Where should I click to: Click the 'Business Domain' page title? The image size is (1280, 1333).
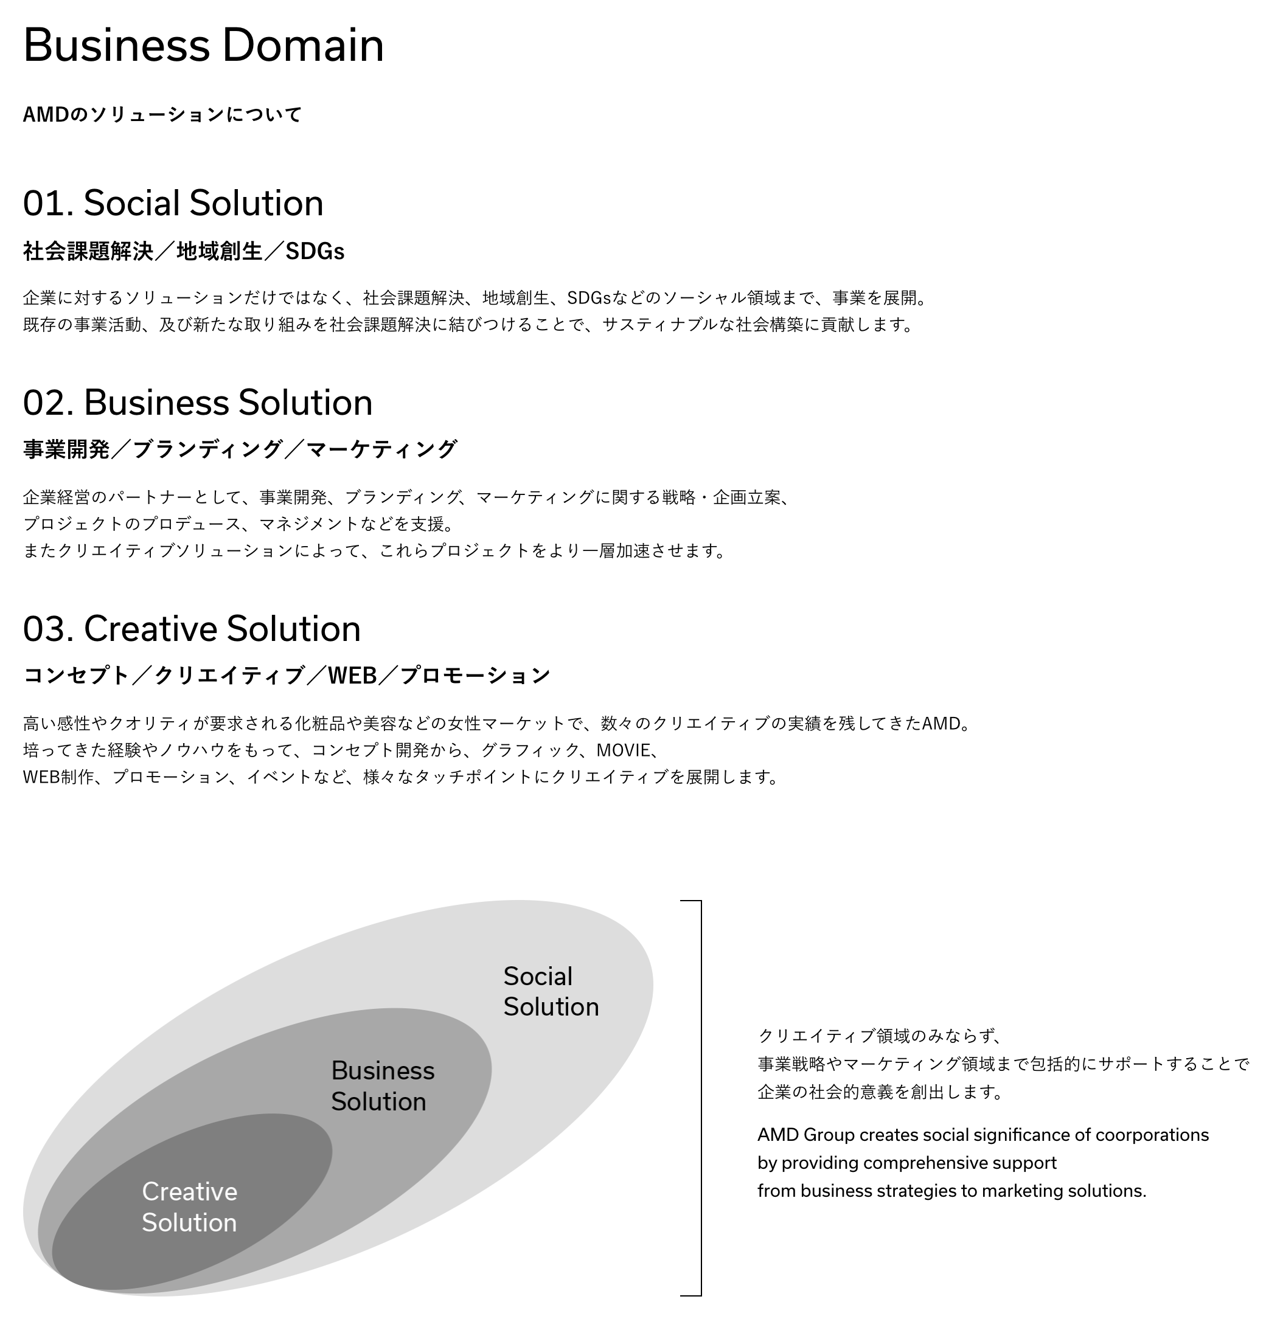[203, 46]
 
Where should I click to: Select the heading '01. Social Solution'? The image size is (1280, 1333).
[173, 203]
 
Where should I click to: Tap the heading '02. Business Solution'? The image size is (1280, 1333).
[198, 402]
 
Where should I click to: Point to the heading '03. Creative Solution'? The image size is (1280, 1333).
[192, 628]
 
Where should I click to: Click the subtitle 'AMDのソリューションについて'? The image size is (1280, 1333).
[162, 114]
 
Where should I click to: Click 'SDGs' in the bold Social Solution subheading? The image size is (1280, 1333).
[315, 252]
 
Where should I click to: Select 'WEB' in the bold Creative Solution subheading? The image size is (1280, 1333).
[352, 676]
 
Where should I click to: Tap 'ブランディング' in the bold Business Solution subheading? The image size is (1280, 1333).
[207, 449]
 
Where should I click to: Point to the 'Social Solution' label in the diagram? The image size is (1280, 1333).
[551, 992]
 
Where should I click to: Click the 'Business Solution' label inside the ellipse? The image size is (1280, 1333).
[383, 1086]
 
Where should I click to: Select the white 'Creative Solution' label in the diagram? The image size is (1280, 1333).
[189, 1207]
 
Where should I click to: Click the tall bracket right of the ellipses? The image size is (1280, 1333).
[701, 1098]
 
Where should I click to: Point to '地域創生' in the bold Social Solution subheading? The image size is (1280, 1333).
[219, 252]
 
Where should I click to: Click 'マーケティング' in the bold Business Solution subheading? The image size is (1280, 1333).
[382, 449]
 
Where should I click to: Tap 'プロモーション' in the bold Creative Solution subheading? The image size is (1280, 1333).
[475, 676]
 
